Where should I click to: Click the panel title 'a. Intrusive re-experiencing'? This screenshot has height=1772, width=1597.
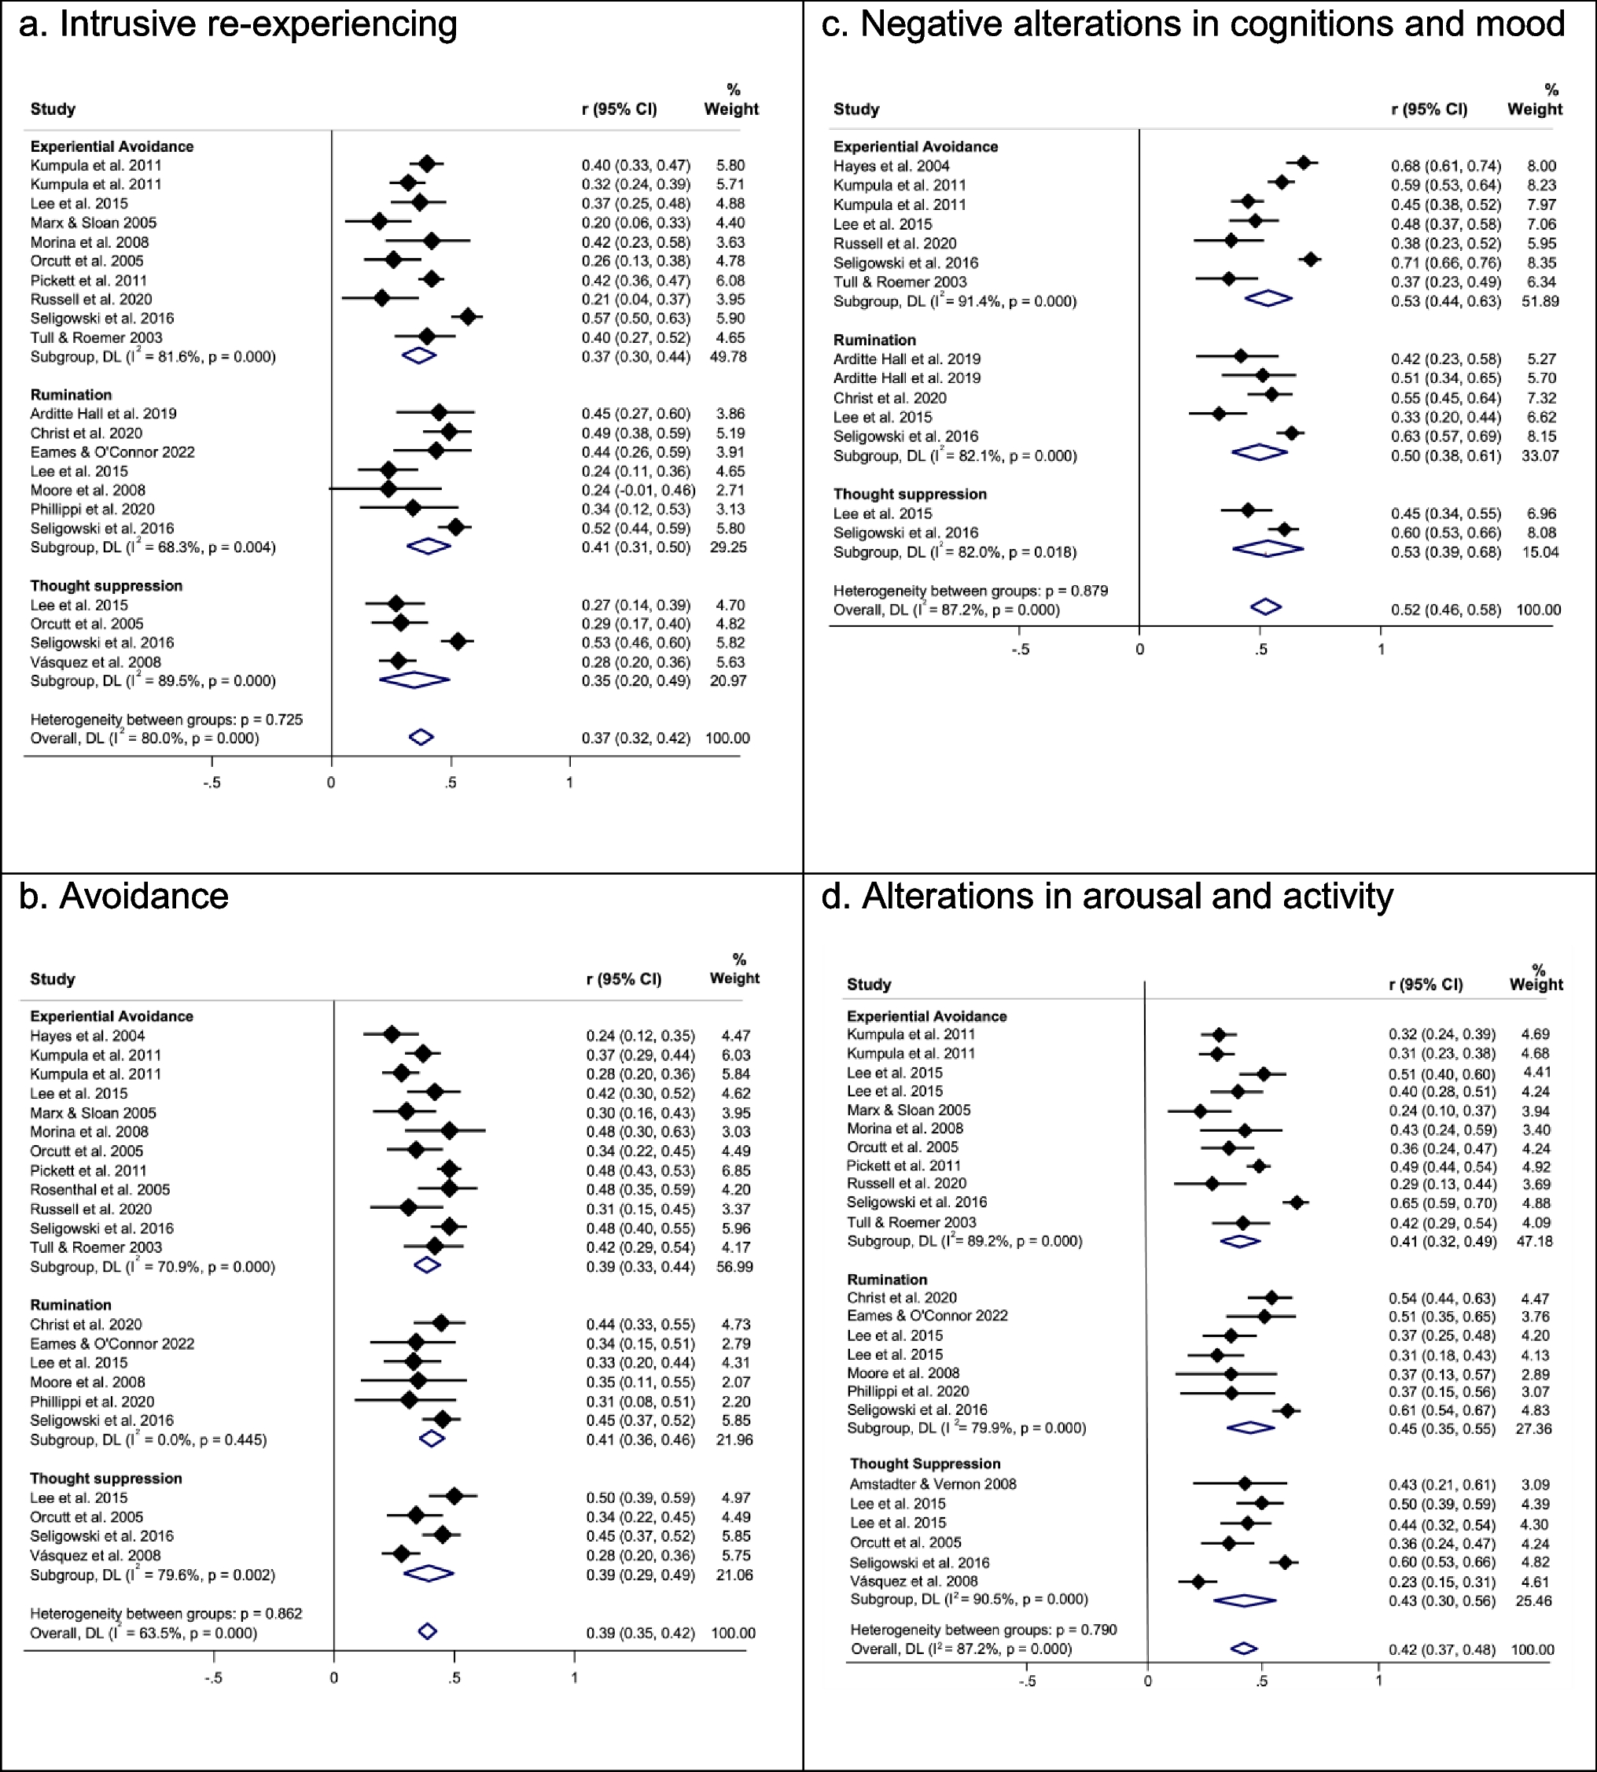pyautogui.click(x=237, y=24)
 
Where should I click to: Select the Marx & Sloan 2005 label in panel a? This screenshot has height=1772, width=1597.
pyautogui.click(x=93, y=223)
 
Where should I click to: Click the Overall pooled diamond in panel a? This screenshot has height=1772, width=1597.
pyautogui.click(x=421, y=736)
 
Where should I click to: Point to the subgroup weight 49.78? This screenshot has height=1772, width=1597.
pyautogui.click(x=728, y=356)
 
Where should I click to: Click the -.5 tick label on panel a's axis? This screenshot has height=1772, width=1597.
pyautogui.click(x=212, y=783)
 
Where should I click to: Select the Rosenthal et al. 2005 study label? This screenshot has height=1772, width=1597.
pyautogui.click(x=100, y=1189)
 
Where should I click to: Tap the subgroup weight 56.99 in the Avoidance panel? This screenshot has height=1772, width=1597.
pyautogui.click(x=734, y=1266)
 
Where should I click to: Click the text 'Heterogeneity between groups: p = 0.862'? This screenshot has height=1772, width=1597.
pyautogui.click(x=166, y=1613)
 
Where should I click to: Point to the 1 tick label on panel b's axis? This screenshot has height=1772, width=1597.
pyautogui.click(x=575, y=1677)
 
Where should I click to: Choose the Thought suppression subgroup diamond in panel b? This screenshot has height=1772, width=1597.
pyautogui.click(x=429, y=1574)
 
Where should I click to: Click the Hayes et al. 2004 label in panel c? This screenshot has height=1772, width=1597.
pyautogui.click(x=891, y=166)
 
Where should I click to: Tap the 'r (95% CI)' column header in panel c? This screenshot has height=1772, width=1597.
pyautogui.click(x=1429, y=109)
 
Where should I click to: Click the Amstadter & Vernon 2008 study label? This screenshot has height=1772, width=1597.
pyautogui.click(x=933, y=1484)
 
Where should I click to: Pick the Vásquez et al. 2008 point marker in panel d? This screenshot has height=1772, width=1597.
pyautogui.click(x=1198, y=1581)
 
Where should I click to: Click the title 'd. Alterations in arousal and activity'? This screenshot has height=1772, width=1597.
pyautogui.click(x=1106, y=896)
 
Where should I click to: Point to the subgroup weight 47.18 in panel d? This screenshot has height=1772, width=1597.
pyautogui.click(x=1534, y=1241)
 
